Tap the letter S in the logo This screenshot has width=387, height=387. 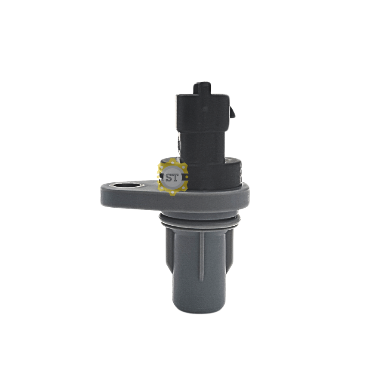(x=169, y=178)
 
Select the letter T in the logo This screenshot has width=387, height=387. (x=176, y=178)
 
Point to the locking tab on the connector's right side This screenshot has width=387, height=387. (x=232, y=112)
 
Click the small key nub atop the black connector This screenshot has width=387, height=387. (x=202, y=88)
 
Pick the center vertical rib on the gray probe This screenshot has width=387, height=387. (x=202, y=257)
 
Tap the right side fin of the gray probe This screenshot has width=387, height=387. (x=229, y=249)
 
